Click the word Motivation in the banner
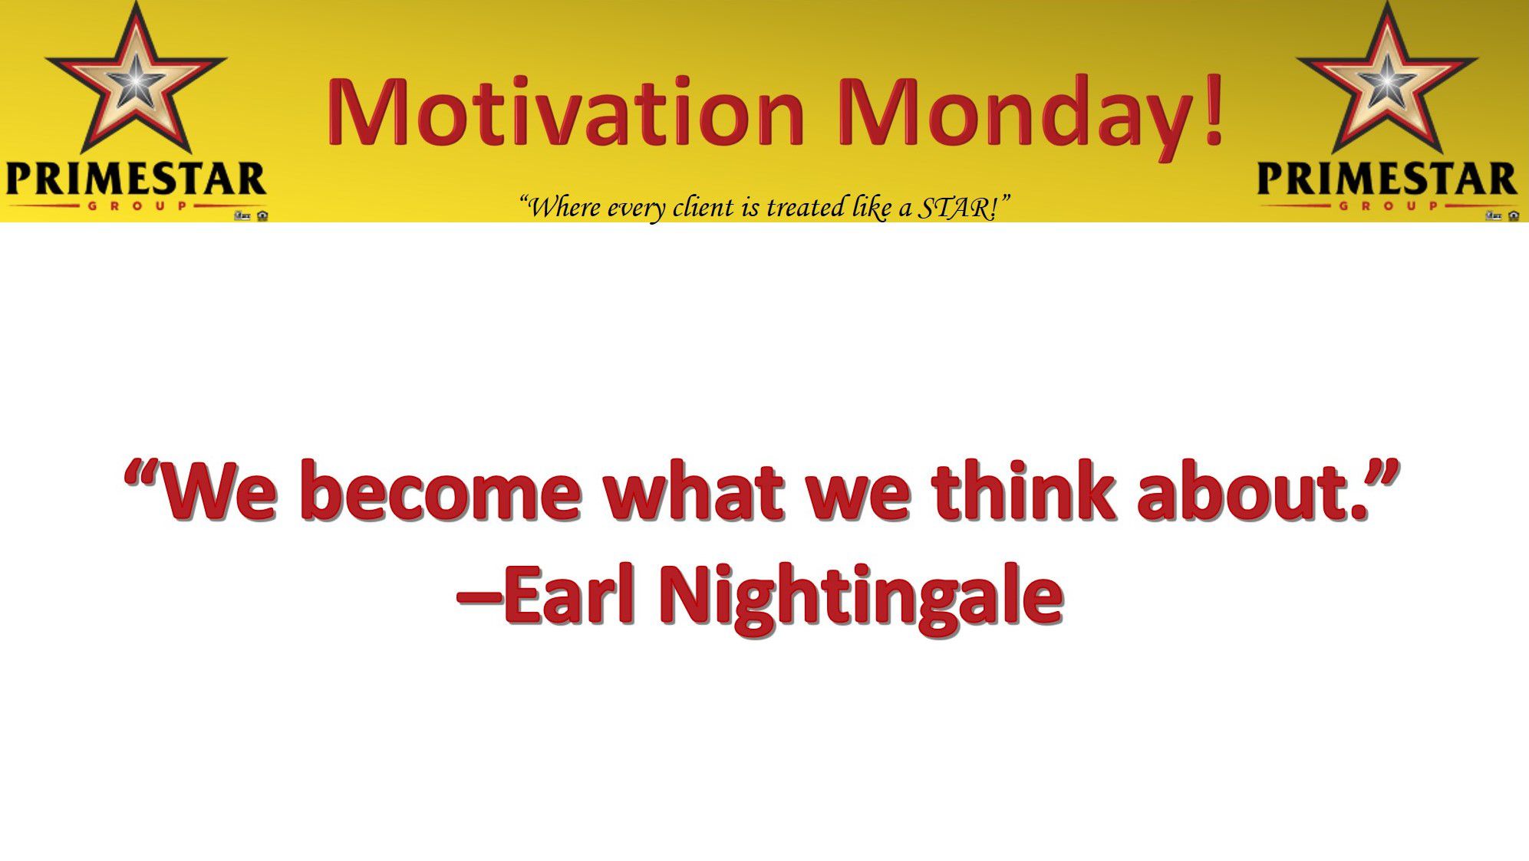coord(566,110)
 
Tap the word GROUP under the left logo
coord(136,205)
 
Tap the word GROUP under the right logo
coord(1388,205)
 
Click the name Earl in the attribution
coord(568,594)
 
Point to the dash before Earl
coord(479,596)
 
